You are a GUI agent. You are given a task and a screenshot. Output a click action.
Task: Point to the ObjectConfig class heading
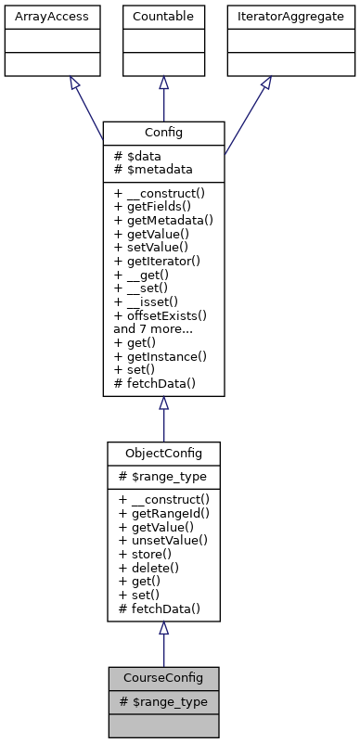(163, 453)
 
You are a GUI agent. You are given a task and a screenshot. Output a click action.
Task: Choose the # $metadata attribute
(152, 169)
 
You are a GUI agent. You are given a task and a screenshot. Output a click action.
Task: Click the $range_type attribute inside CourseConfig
(163, 702)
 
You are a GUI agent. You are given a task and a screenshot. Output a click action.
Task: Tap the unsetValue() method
(162, 540)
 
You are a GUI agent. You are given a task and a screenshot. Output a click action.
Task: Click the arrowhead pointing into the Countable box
(163, 83)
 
